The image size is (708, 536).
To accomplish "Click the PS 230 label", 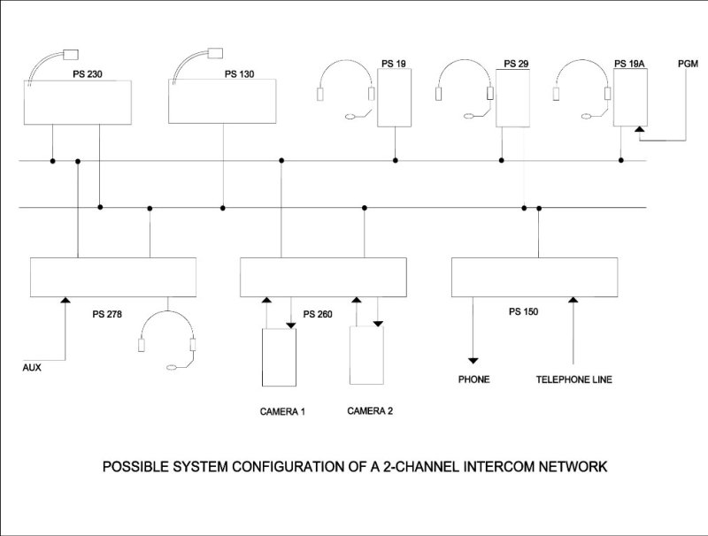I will tap(88, 74).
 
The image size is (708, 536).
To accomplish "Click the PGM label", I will tap(688, 64).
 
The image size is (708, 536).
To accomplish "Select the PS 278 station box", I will tap(112, 277).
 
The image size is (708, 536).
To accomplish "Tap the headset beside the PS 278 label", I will tap(167, 341).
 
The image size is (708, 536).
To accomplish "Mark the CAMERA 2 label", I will tap(370, 410).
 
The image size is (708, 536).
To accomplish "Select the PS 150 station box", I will tap(535, 277).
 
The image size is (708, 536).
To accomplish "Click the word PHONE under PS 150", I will tap(473, 379).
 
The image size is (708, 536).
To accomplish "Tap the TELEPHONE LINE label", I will tap(573, 379).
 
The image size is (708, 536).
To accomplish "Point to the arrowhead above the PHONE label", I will tap(473, 360).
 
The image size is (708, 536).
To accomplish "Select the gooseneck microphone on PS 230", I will tap(43, 62).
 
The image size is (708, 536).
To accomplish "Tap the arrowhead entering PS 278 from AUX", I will tap(65, 301).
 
